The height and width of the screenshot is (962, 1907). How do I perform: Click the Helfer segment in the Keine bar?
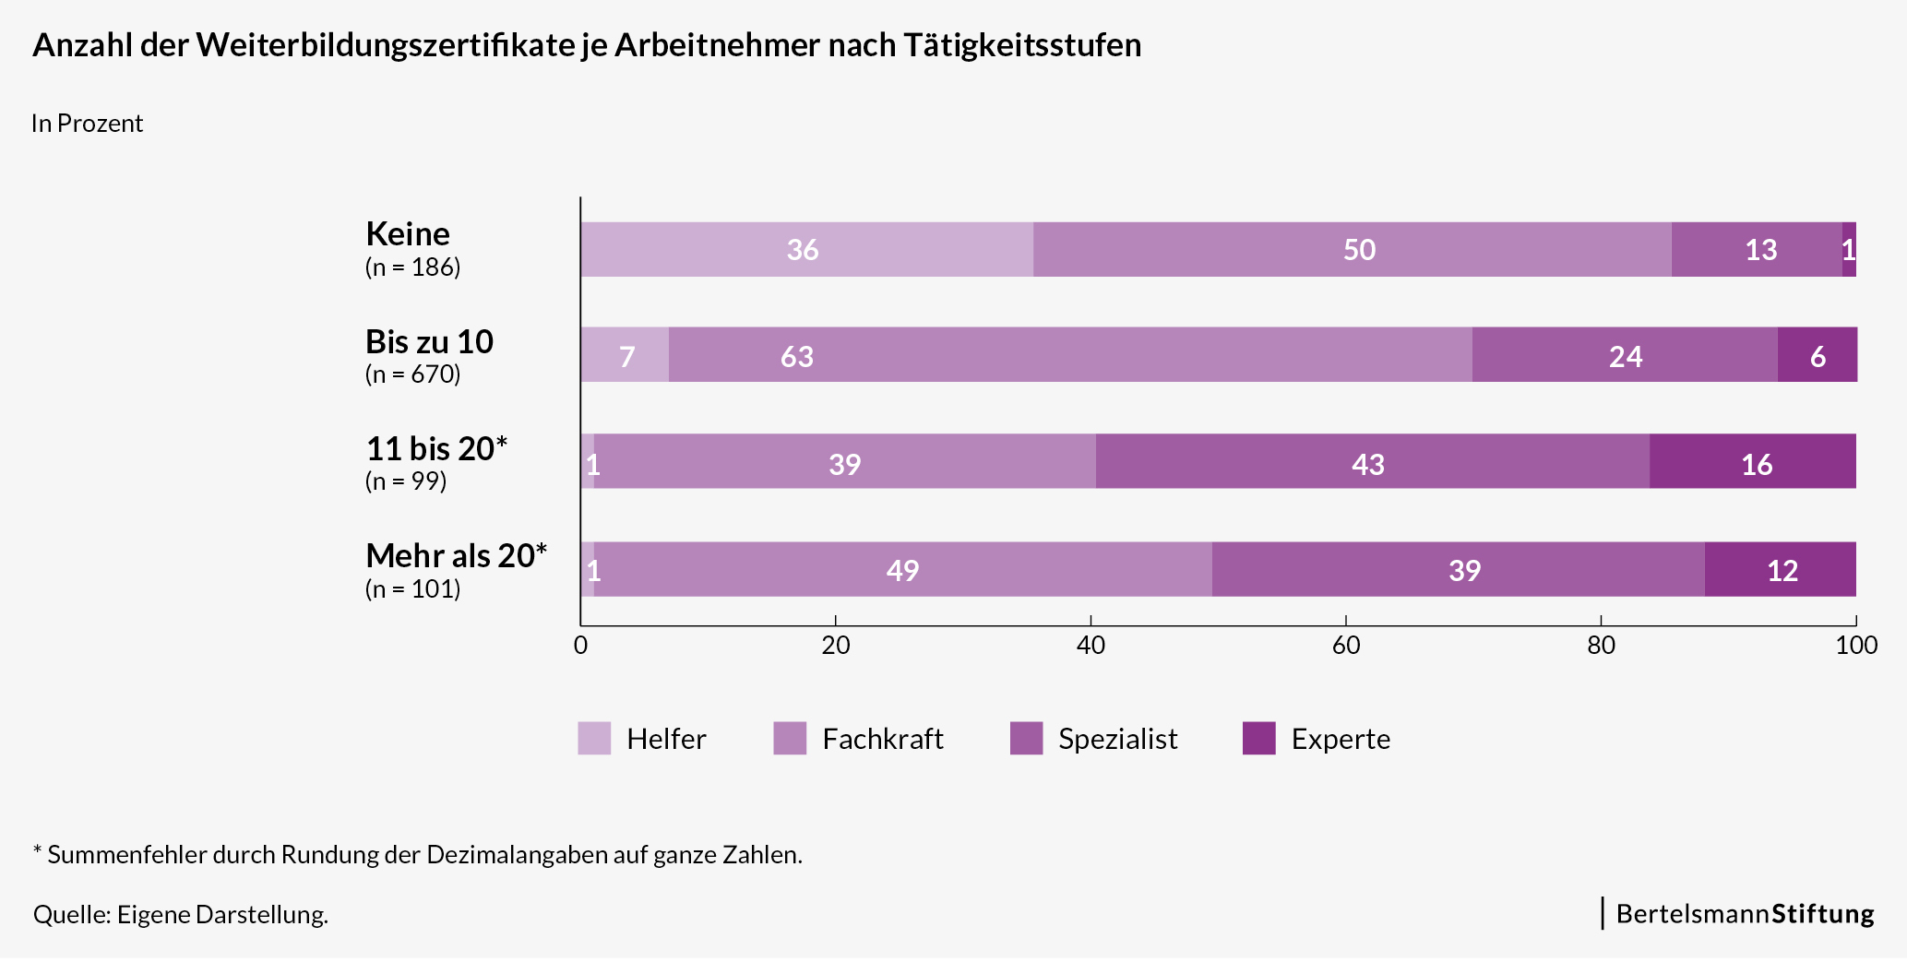806,249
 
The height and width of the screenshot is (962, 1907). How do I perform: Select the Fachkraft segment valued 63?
1070,355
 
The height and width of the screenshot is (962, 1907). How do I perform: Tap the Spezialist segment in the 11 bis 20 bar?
1372,462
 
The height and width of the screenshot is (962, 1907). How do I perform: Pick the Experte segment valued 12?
1780,569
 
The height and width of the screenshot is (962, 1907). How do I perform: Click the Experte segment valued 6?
1817,355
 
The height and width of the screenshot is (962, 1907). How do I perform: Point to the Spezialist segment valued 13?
1756,249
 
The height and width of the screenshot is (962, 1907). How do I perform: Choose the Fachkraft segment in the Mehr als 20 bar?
902,569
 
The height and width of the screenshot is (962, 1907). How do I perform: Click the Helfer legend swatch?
594,739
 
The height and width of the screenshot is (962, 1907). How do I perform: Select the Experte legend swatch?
1258,739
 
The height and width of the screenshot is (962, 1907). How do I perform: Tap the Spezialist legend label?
1117,739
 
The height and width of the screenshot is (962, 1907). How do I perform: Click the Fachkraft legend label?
882,739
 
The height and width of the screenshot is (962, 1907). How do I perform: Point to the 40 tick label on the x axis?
1091,646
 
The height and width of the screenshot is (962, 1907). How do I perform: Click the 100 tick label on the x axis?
1855,646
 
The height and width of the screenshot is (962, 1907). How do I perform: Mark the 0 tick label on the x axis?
580,646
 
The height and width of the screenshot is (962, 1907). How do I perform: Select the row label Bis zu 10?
429,342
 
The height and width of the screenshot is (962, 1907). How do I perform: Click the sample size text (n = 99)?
406,481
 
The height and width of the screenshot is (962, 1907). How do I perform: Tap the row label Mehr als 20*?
456,556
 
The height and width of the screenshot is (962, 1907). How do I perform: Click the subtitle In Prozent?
87,124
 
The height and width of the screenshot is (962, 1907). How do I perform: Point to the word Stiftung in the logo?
1822,914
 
